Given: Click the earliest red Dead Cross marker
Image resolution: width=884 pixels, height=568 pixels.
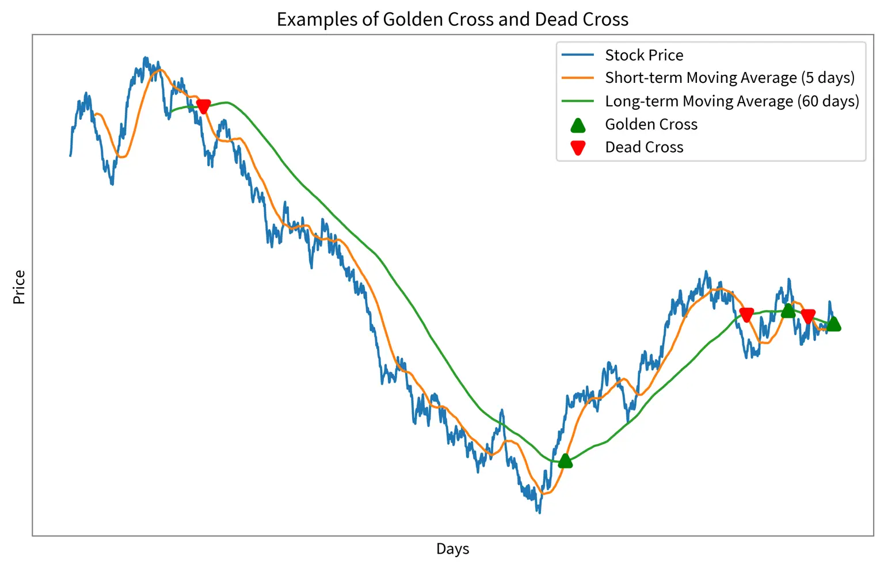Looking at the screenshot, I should tap(203, 106).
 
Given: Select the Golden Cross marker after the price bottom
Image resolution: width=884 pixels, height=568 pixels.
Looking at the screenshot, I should tap(565, 460).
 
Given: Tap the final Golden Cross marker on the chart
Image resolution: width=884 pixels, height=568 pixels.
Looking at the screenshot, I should tap(833, 324).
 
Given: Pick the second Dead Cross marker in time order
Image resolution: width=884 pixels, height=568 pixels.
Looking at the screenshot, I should tap(746, 315).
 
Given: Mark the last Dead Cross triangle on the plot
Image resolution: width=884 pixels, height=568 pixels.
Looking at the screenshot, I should tap(808, 317).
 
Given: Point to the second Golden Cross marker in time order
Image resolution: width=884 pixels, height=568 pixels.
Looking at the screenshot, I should tap(788, 311).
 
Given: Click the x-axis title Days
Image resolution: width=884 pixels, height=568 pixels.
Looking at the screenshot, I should tap(452, 549).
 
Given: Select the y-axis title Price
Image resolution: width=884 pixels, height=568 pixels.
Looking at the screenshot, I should tap(19, 287).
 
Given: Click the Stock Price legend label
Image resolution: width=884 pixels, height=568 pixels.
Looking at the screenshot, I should tap(644, 55).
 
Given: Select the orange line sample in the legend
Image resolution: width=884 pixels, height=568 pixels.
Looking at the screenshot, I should tap(578, 78).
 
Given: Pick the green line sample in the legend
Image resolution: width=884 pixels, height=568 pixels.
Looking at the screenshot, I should tap(578, 101).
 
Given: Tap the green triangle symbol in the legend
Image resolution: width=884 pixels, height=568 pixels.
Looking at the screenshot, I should tap(578, 125).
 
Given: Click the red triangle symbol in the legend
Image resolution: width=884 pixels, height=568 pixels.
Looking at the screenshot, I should tap(578, 148).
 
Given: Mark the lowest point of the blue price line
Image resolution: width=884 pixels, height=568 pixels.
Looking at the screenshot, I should tap(539, 512).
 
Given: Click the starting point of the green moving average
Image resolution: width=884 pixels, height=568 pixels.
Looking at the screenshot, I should tap(171, 112).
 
